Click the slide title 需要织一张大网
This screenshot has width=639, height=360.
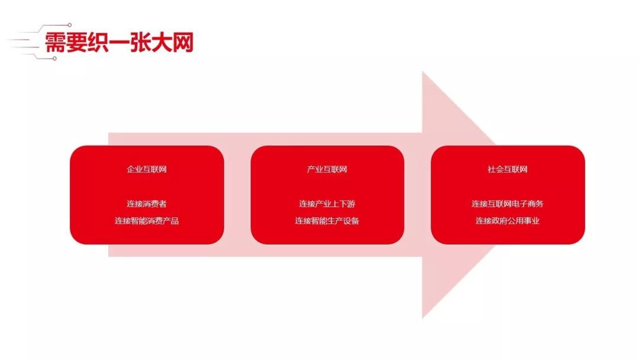pos(118,43)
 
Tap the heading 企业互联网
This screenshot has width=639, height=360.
pos(147,169)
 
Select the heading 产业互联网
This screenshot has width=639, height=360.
pos(327,169)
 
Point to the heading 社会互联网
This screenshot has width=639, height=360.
pos(508,169)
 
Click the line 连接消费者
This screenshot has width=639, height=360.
pos(147,204)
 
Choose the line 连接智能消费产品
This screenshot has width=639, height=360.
pos(147,221)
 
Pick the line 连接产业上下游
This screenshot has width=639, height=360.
pos(327,204)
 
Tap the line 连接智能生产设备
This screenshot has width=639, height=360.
pos(327,221)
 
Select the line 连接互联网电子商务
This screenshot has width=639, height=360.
pos(508,204)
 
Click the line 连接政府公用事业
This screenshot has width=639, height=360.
pos(508,221)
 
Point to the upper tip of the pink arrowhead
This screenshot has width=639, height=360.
pos(422,72)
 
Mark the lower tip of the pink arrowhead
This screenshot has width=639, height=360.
pos(422,318)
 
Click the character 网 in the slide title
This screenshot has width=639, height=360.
pos(183,43)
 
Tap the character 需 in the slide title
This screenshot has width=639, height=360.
pos(55,43)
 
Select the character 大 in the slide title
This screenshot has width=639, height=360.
pos(162,43)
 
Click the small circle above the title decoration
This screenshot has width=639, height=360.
pos(70,25)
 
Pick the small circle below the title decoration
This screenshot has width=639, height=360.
pos(55,59)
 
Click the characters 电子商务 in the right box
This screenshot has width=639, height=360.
pos(527,204)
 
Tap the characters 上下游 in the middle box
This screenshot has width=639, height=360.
pos(343,204)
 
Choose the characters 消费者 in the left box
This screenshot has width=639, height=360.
pos(155,204)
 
